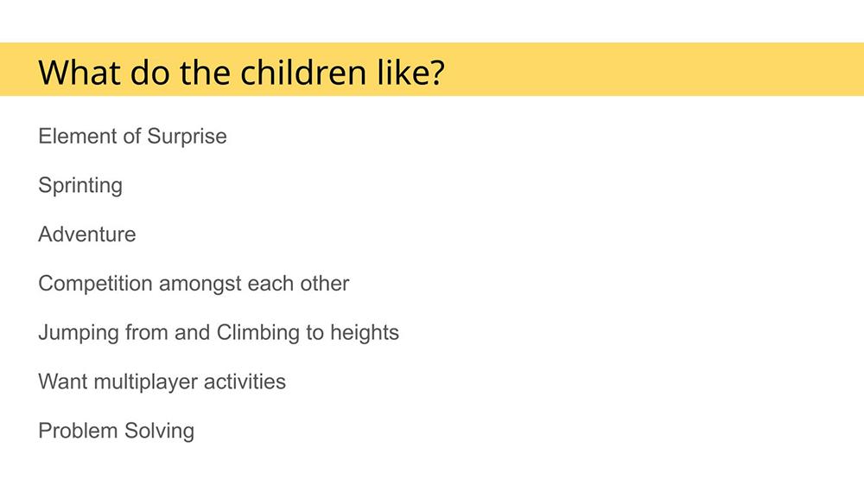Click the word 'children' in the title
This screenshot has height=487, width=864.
303,73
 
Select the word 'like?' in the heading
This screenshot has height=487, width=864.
411,73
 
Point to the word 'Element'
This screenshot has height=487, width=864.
77,136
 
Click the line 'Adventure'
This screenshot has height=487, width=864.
87,234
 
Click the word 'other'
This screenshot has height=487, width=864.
325,284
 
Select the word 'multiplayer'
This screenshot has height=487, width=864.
145,382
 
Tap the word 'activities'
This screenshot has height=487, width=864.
245,381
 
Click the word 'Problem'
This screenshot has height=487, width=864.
78,431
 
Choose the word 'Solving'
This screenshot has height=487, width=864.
159,432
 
